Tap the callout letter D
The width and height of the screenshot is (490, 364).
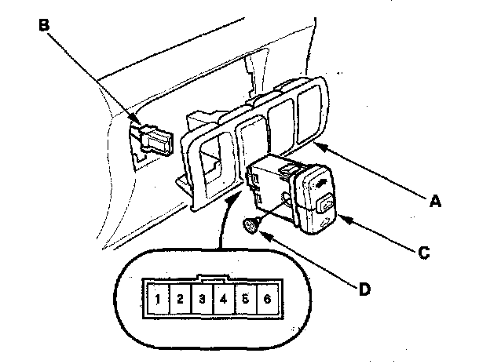pos(364,289)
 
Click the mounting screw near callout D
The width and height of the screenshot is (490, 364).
pos(250,226)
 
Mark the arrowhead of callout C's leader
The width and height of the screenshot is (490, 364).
pos(342,221)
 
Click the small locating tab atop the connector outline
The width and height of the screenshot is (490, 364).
pos(212,277)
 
